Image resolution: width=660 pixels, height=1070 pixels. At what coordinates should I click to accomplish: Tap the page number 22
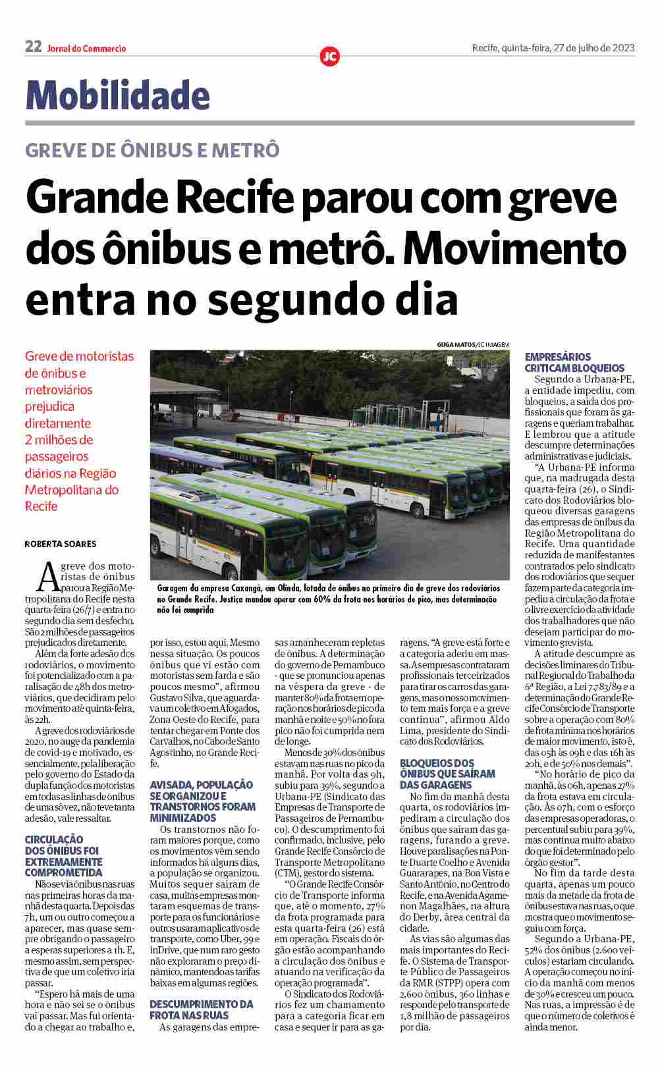[x=33, y=47]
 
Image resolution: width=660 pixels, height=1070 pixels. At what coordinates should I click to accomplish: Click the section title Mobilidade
[x=117, y=95]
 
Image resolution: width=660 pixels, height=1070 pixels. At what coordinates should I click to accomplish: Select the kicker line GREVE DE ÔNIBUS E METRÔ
[x=152, y=150]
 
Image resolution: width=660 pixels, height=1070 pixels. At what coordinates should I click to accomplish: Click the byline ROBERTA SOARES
[x=61, y=544]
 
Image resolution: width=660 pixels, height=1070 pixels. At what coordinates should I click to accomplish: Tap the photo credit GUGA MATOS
[x=455, y=344]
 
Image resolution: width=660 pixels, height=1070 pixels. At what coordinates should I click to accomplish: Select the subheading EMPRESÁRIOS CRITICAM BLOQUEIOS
[x=574, y=363]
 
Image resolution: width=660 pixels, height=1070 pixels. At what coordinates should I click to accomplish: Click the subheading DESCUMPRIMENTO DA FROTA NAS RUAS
[x=202, y=1009]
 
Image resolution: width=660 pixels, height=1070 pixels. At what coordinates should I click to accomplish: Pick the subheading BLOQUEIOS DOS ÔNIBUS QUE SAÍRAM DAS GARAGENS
[x=447, y=774]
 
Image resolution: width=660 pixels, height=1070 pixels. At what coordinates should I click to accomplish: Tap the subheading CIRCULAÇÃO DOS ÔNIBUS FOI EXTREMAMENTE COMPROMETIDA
[x=63, y=856]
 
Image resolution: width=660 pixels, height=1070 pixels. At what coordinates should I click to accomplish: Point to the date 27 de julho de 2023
[x=593, y=48]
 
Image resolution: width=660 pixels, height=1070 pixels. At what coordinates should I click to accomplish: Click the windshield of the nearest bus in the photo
[x=283, y=550]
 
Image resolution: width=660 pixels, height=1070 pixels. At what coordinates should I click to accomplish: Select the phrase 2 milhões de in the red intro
[x=59, y=440]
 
